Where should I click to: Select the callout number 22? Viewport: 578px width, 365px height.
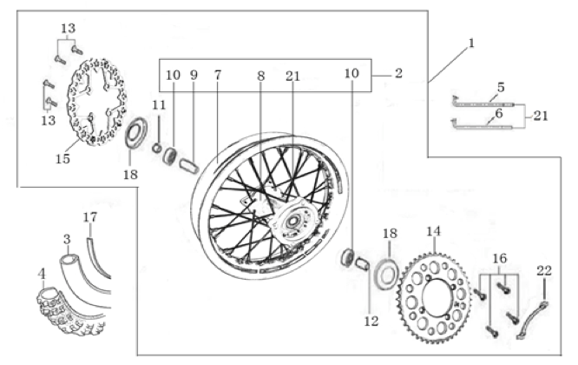point(544,271)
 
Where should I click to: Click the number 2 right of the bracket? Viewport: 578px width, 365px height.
point(397,74)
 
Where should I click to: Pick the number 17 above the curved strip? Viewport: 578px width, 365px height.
point(90,216)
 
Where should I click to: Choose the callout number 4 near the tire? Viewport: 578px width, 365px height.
point(42,273)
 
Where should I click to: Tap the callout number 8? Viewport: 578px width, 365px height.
point(259,76)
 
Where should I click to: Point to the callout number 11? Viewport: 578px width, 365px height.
point(156,105)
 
